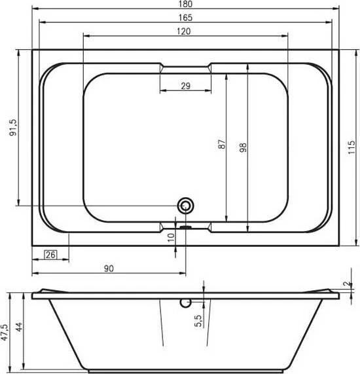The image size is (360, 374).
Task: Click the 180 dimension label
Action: (x=185, y=4)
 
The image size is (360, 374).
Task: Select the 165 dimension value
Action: (x=185, y=18)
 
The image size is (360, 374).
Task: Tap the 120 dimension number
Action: (x=184, y=31)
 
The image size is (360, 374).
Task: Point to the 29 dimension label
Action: (x=185, y=86)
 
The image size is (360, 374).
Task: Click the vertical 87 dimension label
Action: (x=221, y=144)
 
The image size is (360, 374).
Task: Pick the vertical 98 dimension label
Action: (x=243, y=147)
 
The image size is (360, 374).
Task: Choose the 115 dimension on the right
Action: (x=351, y=147)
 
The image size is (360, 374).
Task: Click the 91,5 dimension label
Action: (x=13, y=128)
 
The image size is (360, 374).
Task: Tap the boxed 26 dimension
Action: (x=50, y=255)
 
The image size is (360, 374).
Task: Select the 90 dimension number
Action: (x=109, y=269)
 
